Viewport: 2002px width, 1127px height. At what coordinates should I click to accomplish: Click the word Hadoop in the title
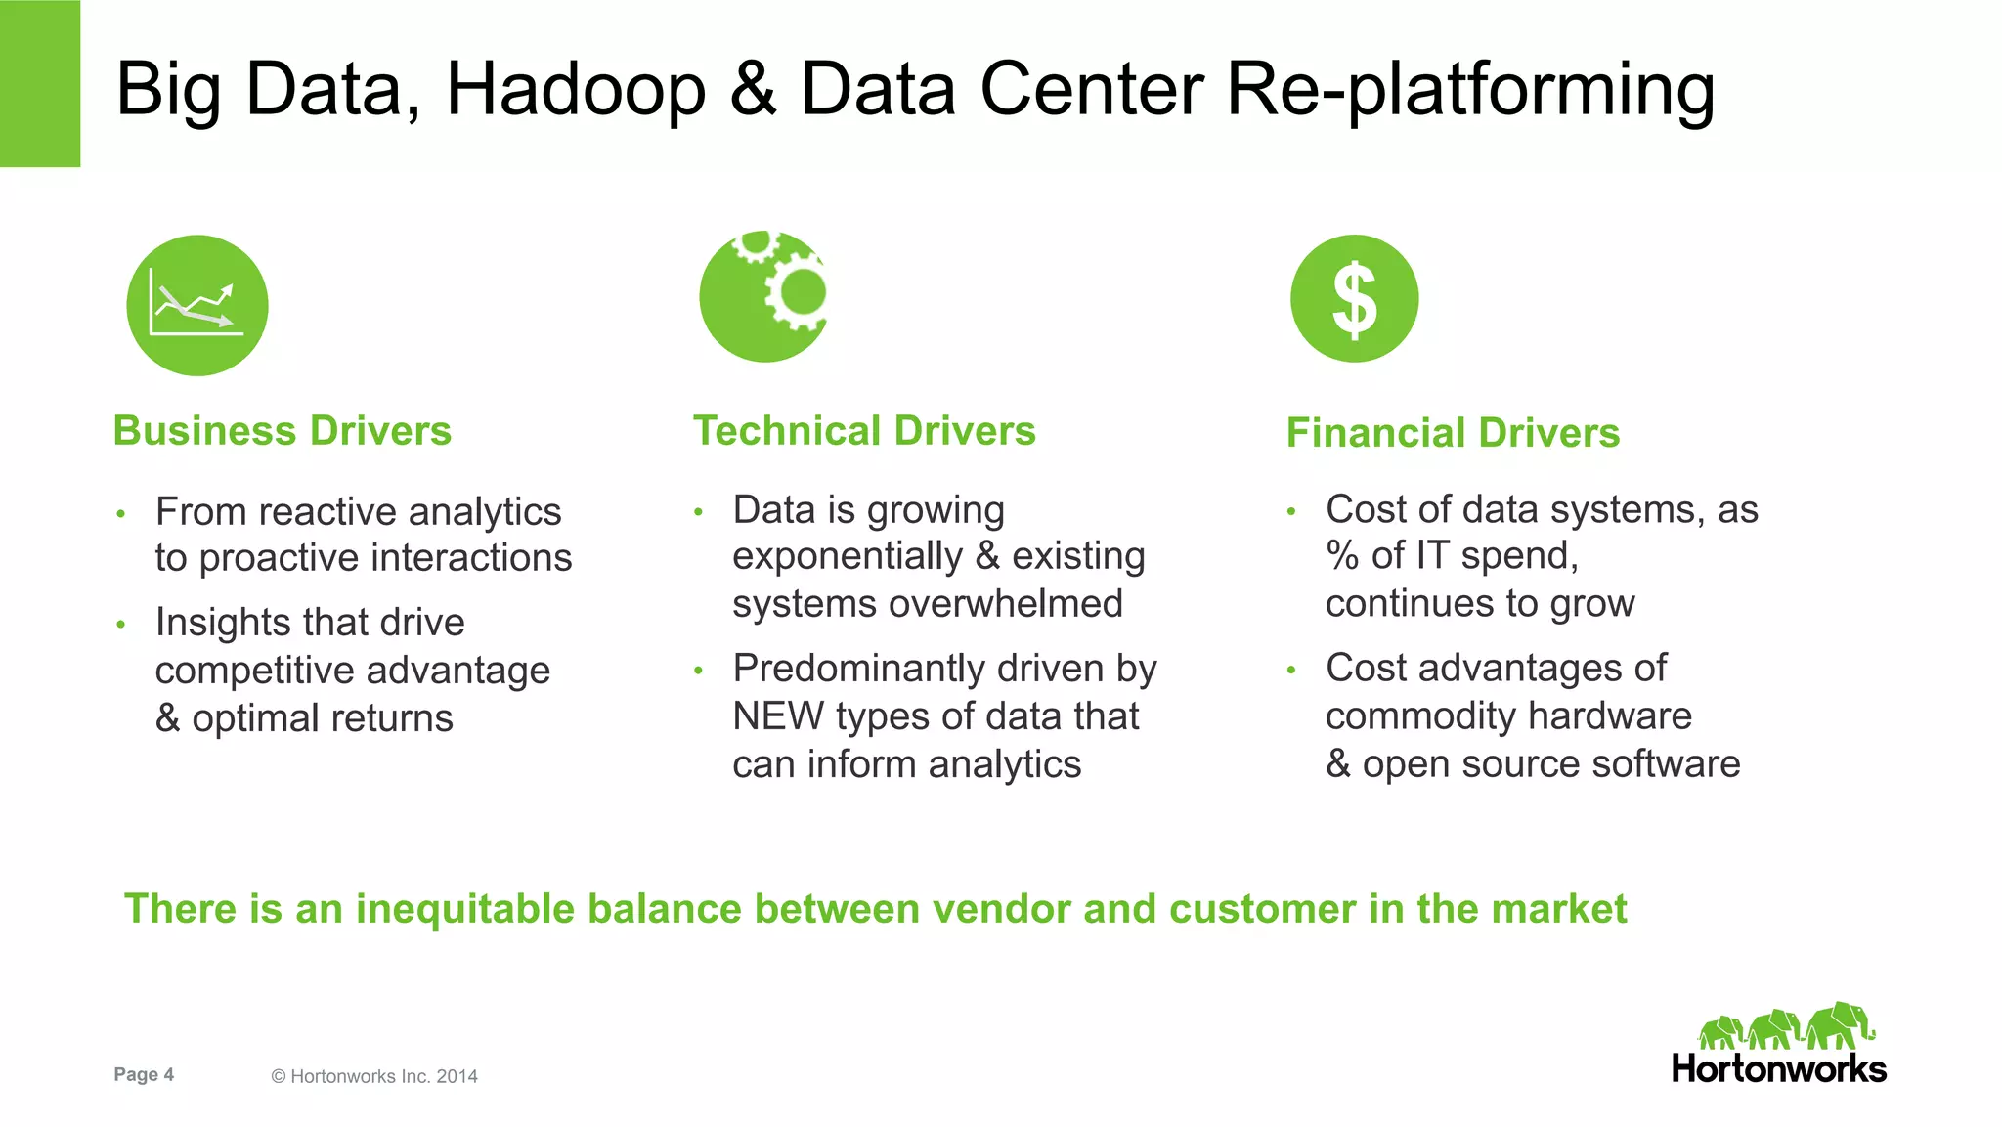tap(576, 90)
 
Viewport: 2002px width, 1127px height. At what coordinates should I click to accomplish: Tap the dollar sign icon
tap(1354, 299)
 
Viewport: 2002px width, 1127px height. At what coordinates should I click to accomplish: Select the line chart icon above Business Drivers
tap(197, 305)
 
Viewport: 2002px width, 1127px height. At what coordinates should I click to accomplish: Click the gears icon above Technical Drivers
tap(764, 296)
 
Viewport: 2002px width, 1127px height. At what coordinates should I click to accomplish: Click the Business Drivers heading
tap(283, 431)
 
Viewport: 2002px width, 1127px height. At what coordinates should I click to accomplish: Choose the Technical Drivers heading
tap(864, 431)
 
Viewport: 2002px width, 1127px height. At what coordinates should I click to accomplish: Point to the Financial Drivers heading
tap(1453, 433)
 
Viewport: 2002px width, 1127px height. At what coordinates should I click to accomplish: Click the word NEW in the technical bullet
tap(778, 716)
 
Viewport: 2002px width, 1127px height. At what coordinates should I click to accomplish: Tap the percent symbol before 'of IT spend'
tap(1342, 556)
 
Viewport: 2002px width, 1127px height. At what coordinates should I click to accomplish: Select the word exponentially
tap(848, 556)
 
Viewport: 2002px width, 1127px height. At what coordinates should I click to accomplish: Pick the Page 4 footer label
tap(144, 1074)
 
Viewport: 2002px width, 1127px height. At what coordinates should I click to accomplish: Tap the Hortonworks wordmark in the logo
tap(1778, 1068)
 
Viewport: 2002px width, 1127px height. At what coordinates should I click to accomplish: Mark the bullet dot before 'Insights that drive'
tap(121, 624)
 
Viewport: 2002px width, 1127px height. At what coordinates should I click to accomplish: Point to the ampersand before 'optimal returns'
tap(168, 718)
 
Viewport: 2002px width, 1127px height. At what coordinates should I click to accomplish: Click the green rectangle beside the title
tap(40, 83)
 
